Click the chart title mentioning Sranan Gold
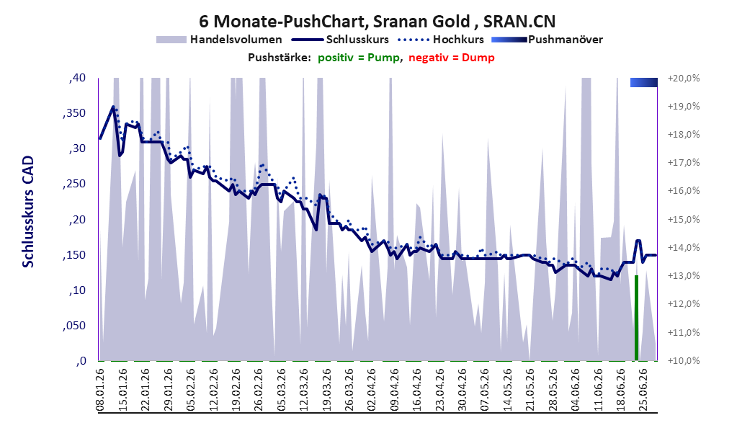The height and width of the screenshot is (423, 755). pyautogui.click(x=377, y=21)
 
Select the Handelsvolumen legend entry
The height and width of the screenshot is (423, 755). pyautogui.click(x=219, y=40)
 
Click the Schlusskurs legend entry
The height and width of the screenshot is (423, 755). pyautogui.click(x=340, y=40)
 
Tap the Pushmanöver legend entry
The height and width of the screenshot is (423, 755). pyautogui.click(x=547, y=40)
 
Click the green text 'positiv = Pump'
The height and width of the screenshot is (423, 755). pyautogui.click(x=359, y=58)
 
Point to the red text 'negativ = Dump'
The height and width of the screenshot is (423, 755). pyautogui.click(x=452, y=58)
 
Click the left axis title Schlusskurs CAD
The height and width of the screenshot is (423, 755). pyautogui.click(x=28, y=212)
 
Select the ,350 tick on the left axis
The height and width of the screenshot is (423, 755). pyautogui.click(x=74, y=113)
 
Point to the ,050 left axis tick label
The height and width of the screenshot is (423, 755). pyautogui.click(x=74, y=326)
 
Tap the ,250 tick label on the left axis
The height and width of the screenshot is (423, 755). pyautogui.click(x=74, y=184)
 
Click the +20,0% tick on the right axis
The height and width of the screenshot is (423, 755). pyautogui.click(x=684, y=78)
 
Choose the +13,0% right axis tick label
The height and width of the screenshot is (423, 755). pyautogui.click(x=684, y=276)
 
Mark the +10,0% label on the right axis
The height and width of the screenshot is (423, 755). pyautogui.click(x=684, y=361)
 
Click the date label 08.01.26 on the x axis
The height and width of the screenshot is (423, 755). pyautogui.click(x=100, y=390)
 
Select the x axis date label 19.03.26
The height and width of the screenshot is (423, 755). pyautogui.click(x=326, y=390)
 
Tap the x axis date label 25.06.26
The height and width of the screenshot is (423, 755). pyautogui.click(x=643, y=390)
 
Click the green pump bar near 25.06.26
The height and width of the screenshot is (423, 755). pyautogui.click(x=636, y=318)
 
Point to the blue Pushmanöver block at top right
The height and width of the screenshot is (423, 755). pyautogui.click(x=644, y=82)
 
